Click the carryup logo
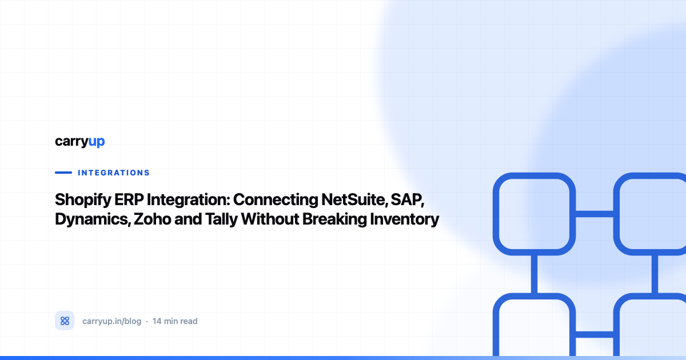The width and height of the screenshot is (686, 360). coord(80,142)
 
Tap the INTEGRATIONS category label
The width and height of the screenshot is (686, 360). coord(114,173)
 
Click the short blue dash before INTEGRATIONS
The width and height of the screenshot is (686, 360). coord(63,173)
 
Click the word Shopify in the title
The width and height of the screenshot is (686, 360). coord(83,200)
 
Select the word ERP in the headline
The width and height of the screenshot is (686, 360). coord(129,199)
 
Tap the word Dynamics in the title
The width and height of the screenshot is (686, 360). coord(93,219)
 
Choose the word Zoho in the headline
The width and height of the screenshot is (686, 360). coord(152,219)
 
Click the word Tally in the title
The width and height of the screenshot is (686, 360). coord(221,219)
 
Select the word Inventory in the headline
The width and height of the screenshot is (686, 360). coord(405,219)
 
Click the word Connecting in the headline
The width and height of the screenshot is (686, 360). coord(276,200)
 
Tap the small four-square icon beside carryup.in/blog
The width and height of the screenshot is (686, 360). coord(65,321)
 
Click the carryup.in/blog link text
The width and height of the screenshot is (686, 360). coord(112,321)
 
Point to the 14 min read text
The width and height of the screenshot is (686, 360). coord(175,321)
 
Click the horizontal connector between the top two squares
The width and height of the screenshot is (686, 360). coord(595,214)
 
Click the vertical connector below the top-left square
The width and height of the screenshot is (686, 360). coord(534,274)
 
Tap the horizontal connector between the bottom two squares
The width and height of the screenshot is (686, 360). coord(595,334)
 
